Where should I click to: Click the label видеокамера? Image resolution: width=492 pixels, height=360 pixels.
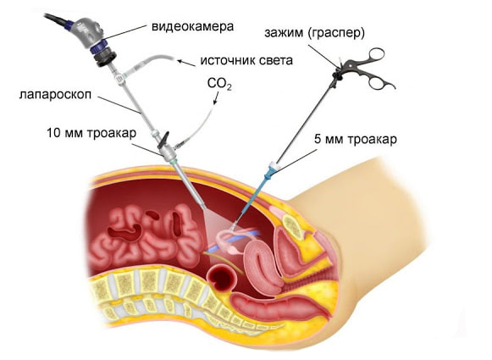click(x=193, y=26)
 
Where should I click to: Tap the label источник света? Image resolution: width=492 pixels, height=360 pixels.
click(x=246, y=60)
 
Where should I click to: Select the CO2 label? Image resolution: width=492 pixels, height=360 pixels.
click(x=219, y=84)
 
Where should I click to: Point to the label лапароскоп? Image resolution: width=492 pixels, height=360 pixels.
click(x=55, y=95)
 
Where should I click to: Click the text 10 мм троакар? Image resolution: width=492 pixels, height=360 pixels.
click(x=91, y=133)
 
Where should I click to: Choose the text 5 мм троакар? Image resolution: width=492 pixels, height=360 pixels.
click(x=356, y=139)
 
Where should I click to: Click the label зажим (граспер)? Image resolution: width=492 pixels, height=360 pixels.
click(x=314, y=33)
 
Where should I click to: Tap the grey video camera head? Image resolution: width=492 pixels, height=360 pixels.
click(x=86, y=30)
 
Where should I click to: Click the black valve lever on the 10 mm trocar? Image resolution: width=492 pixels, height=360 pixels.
click(x=163, y=140)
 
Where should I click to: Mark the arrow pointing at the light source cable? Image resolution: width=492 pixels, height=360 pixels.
click(x=186, y=63)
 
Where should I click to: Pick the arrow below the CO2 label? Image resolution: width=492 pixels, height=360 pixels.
click(x=217, y=98)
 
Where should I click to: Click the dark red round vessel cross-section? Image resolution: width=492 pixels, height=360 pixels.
click(x=223, y=277)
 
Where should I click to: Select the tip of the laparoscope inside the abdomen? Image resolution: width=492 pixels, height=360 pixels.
click(x=205, y=208)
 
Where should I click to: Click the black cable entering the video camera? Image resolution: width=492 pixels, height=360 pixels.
click(x=57, y=19)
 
